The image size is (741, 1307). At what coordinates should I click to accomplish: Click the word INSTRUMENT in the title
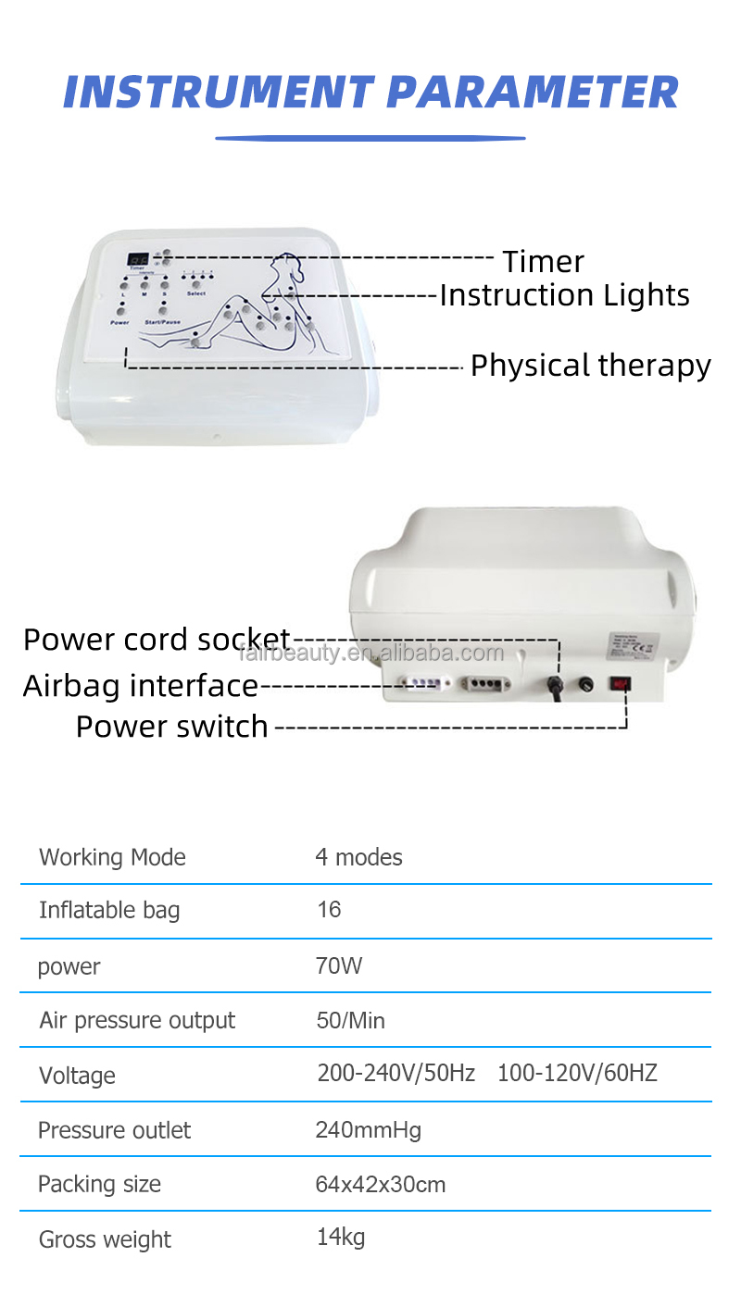[x=218, y=93]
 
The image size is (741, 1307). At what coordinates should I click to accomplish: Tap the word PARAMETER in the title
[x=533, y=93]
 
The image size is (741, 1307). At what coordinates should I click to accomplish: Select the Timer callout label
[x=543, y=261]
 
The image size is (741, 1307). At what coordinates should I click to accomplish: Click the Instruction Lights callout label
[x=564, y=295]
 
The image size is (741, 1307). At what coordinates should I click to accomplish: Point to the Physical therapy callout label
[x=590, y=366]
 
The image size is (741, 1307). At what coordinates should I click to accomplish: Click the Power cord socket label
[x=157, y=640]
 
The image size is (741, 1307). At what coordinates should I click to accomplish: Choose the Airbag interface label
[x=140, y=686]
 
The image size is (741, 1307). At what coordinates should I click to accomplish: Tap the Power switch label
[x=171, y=727]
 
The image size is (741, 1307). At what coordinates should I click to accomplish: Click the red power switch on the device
[x=620, y=684]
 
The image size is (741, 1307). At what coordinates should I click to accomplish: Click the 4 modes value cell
[x=358, y=857]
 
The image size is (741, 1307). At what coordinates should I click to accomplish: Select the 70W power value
[x=339, y=966]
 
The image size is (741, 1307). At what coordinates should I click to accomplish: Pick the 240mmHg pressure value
[x=368, y=1130]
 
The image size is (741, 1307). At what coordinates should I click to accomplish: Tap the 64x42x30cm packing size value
[x=380, y=1185]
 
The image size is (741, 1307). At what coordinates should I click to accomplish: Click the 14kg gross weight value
[x=341, y=1238]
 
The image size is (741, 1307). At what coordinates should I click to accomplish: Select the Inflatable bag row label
[x=109, y=911]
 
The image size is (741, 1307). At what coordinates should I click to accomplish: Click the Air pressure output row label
[x=137, y=1021]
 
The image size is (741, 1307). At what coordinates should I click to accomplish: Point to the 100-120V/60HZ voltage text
[x=577, y=1074]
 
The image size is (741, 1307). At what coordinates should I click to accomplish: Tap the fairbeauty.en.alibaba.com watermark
[x=371, y=653]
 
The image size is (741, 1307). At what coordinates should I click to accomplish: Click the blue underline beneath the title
[x=370, y=139]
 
